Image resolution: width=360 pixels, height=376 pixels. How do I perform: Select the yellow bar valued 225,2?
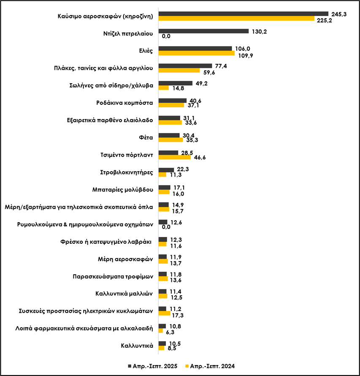[x=236, y=19]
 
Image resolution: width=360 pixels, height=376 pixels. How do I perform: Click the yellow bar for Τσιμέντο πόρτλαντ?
[x=174, y=157]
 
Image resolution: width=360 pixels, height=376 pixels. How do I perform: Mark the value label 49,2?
[x=201, y=83]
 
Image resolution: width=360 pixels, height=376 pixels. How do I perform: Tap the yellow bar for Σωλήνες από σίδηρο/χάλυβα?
[x=163, y=88]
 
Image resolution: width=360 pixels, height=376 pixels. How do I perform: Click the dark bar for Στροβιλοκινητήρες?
[x=166, y=170]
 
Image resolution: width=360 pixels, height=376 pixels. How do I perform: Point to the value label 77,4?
[x=220, y=66]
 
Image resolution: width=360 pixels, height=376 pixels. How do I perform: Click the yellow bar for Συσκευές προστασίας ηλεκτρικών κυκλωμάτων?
[x=164, y=313]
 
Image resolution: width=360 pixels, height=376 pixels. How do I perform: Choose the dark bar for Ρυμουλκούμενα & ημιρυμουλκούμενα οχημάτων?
[x=162, y=222]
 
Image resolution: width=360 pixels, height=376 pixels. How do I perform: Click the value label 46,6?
[x=200, y=158]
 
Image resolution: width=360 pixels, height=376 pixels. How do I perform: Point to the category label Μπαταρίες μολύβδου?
[x=122, y=189]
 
